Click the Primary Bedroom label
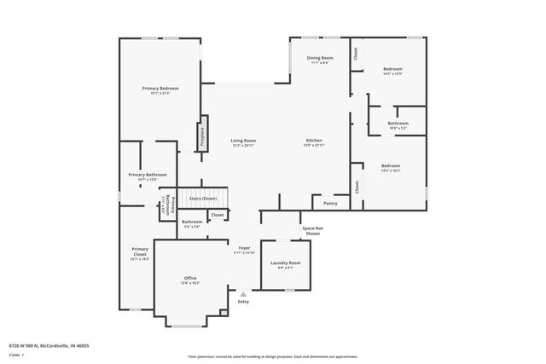160,89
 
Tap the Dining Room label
320,58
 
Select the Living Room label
243,141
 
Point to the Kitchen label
314,141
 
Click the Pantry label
329,204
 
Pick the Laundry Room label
286,263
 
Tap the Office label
190,279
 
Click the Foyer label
244,248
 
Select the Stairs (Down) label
203,198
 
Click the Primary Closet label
140,252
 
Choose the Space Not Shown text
312,230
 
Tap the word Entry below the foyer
243,302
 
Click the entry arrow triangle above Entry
243,294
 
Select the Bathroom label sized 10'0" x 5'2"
398,124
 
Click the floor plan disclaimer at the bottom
272,355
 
